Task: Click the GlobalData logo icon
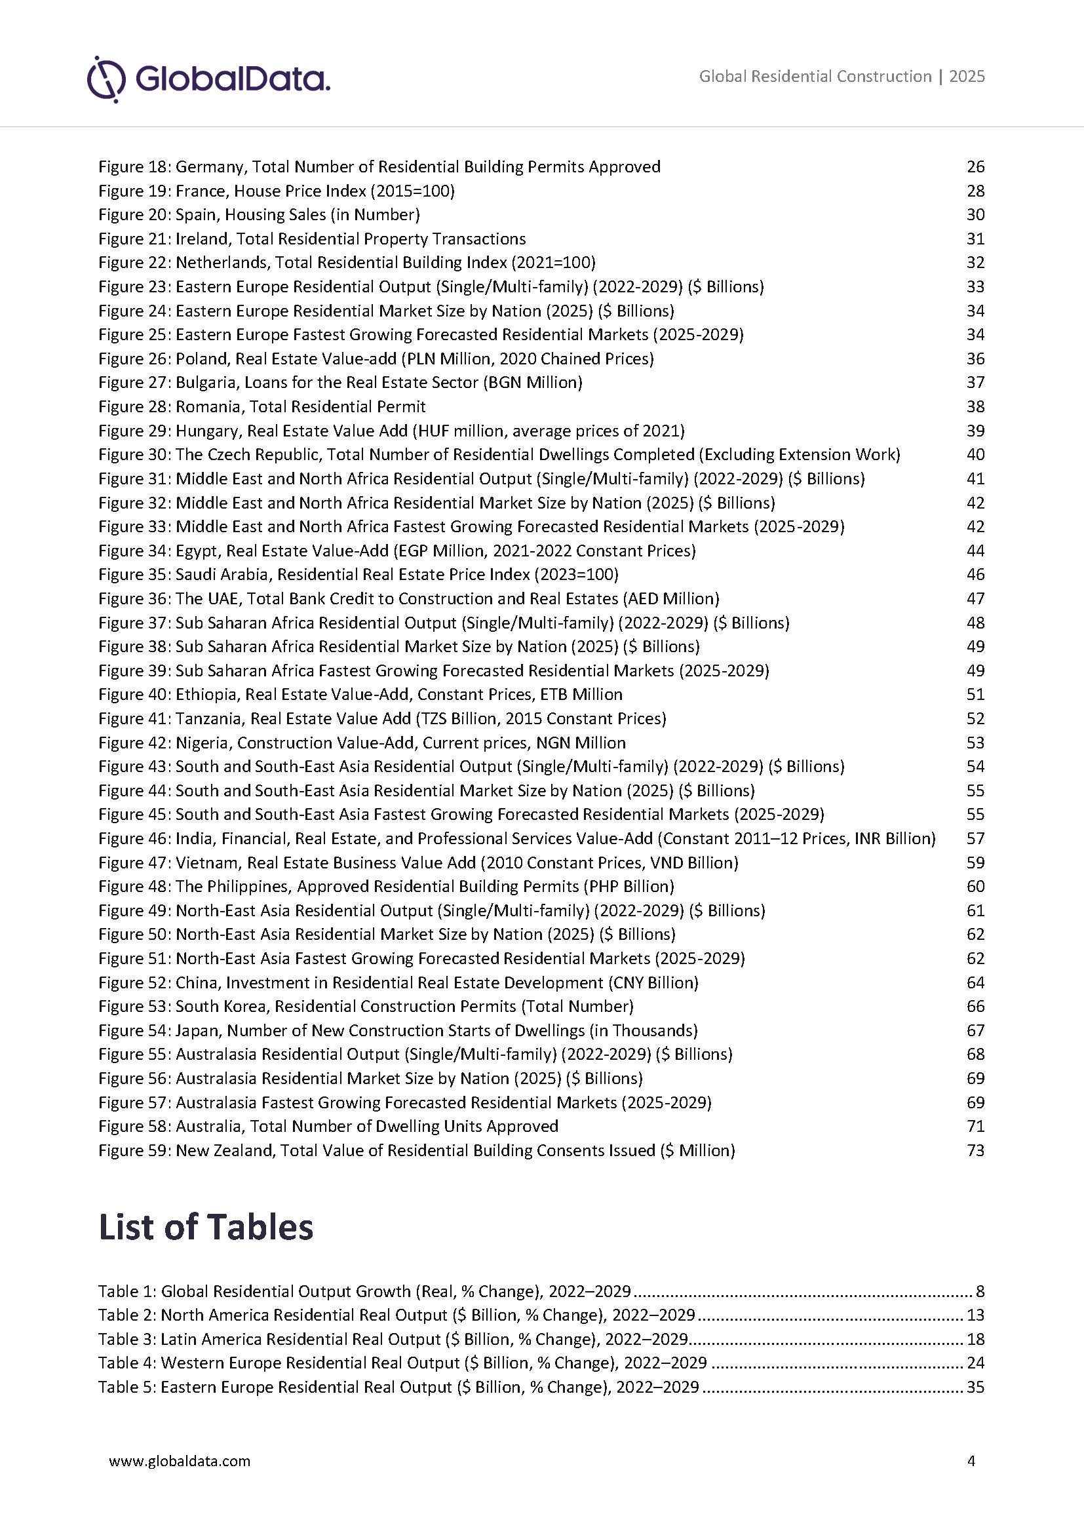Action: pos(106,79)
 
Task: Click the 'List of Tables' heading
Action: pos(206,1227)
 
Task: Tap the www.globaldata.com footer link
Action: pos(180,1460)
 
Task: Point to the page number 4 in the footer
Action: pos(971,1460)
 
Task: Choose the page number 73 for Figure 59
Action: pos(975,1150)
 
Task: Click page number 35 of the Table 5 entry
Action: pos(975,1387)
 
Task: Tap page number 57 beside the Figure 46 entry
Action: pos(975,839)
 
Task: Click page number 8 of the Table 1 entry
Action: pos(980,1291)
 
